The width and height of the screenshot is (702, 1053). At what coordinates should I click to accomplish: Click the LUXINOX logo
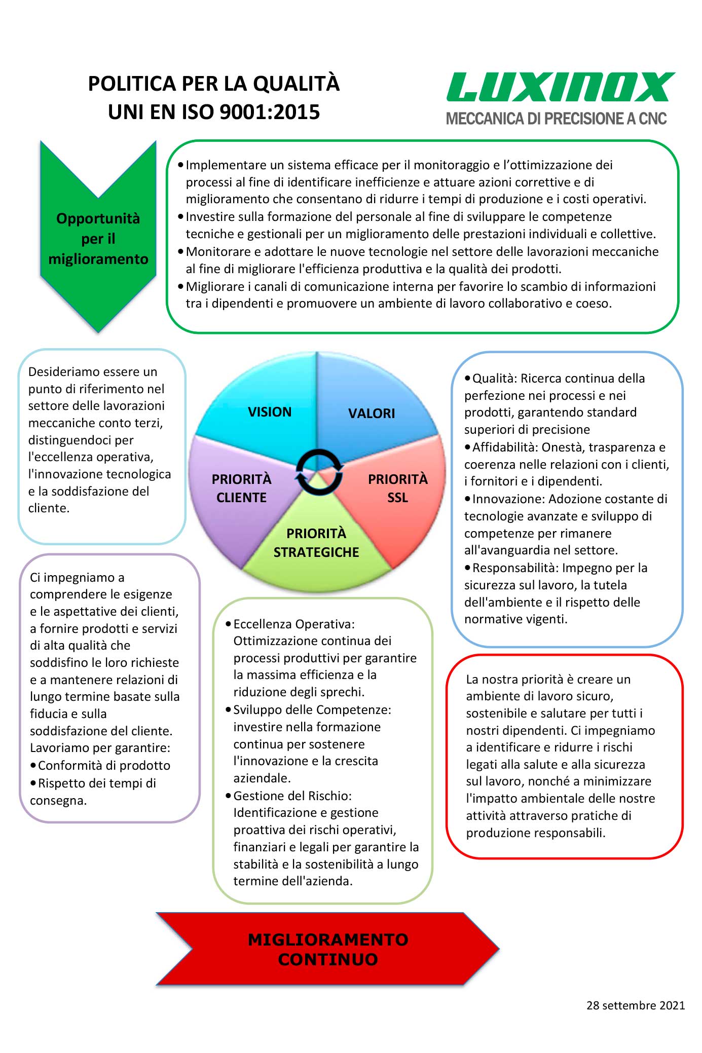click(x=560, y=87)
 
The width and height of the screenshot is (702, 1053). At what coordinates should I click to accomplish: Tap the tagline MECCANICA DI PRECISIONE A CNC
click(x=556, y=119)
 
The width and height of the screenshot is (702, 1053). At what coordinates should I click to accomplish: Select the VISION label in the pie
click(x=270, y=412)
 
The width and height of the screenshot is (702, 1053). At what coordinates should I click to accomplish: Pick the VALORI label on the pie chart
click(x=372, y=413)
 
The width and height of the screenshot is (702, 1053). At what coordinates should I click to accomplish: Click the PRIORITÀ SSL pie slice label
click(x=398, y=488)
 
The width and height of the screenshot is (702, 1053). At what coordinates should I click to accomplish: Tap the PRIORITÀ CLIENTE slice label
click(x=241, y=488)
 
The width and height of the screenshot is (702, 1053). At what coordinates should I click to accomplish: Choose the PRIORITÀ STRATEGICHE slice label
click(x=316, y=542)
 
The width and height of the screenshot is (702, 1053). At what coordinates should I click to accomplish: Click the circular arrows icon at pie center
click(x=319, y=472)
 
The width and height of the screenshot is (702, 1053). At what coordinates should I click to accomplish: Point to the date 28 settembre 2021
click(x=636, y=1005)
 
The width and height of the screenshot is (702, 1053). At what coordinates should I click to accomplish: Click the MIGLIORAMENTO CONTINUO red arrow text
click(x=328, y=949)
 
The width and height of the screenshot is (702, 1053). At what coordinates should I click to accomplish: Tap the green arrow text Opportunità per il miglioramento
click(x=98, y=239)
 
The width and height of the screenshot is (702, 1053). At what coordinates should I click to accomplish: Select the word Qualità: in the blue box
click(x=495, y=379)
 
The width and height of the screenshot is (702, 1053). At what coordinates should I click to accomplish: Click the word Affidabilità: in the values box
click(x=505, y=447)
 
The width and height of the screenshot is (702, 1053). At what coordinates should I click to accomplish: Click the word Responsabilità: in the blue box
click(x=515, y=568)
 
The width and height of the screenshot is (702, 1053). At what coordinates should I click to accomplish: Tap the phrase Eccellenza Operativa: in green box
click(x=294, y=624)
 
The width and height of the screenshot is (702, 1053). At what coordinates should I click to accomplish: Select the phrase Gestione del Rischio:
click(x=292, y=796)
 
